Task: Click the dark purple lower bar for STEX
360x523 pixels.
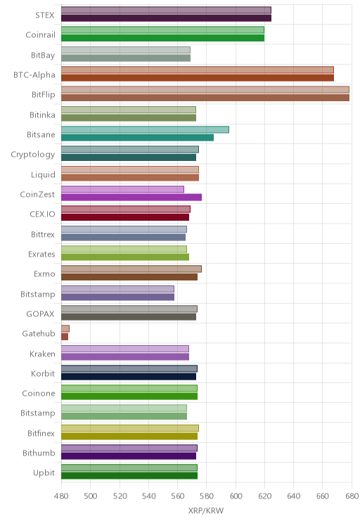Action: [166, 18]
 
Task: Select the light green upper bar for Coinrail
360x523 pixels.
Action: [162, 30]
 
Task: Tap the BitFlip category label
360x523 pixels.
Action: [44, 95]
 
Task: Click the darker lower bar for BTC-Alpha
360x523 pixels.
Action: [198, 78]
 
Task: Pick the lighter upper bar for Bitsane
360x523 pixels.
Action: [145, 129]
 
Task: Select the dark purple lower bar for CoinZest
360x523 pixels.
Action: [131, 197]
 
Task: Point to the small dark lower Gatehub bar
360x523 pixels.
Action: [65, 337]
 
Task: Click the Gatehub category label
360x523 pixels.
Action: [39, 333]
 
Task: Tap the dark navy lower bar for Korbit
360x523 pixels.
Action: [129, 377]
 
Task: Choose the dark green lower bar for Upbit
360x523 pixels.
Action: [129, 476]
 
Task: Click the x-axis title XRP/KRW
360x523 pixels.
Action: [206, 510]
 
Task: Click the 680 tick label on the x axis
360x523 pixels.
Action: [352, 496]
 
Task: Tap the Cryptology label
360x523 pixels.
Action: [33, 155]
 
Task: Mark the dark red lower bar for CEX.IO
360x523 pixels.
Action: [125, 217]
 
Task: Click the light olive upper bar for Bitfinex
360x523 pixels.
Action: [130, 428]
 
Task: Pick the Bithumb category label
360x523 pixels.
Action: [39, 453]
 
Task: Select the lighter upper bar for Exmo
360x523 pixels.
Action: [131, 269]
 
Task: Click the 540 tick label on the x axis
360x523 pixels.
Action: [148, 496]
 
